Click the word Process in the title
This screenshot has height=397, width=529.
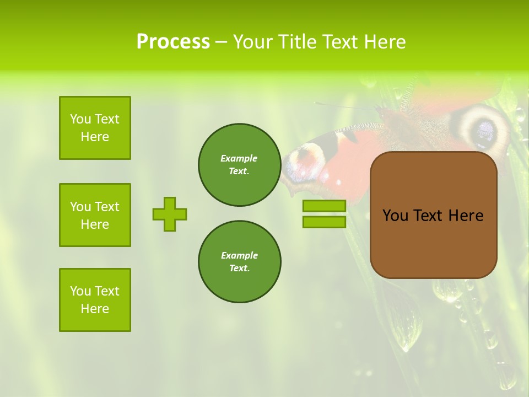[173, 42]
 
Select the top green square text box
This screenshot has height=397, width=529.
[95, 128]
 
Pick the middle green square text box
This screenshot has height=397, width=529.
[95, 215]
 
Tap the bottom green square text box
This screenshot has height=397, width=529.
[95, 300]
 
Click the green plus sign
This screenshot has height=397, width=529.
[170, 214]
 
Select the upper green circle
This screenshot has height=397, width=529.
[239, 165]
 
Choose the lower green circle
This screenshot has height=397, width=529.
[239, 262]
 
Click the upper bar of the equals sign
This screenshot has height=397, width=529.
[324, 206]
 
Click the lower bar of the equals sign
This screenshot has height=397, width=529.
[324, 222]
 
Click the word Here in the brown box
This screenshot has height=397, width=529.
[466, 216]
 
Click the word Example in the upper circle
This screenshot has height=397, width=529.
[239, 158]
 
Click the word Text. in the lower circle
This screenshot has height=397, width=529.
[239, 269]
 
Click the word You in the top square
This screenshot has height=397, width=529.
[80, 119]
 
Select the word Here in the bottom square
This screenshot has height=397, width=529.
[95, 309]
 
